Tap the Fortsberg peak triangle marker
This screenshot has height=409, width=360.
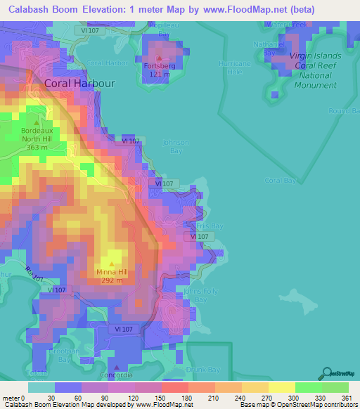(160, 58)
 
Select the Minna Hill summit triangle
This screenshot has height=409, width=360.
(111, 264)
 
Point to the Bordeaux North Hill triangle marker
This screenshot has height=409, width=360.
(37, 122)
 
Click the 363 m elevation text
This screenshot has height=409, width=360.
(37, 148)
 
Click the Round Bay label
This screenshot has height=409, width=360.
(344, 110)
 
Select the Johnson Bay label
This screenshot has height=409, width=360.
(176, 146)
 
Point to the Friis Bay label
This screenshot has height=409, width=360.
(209, 226)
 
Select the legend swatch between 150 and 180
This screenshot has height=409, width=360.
(174, 387)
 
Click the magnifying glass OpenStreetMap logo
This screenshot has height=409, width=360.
(327, 373)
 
